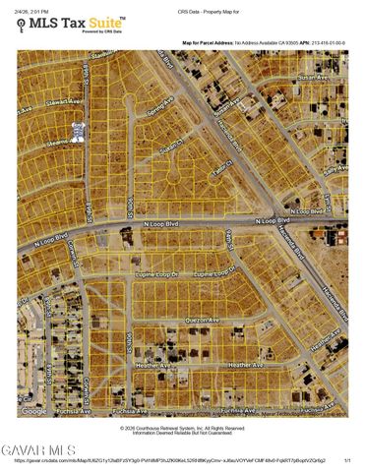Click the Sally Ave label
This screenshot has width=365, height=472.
click(338, 170)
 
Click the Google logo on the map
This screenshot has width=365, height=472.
click(33, 411)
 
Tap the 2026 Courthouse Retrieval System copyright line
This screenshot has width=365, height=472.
click(182, 428)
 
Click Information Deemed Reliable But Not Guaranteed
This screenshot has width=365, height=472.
click(182, 433)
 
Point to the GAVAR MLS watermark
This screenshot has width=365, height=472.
click(37, 449)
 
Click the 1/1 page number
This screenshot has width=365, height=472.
click(347, 459)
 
